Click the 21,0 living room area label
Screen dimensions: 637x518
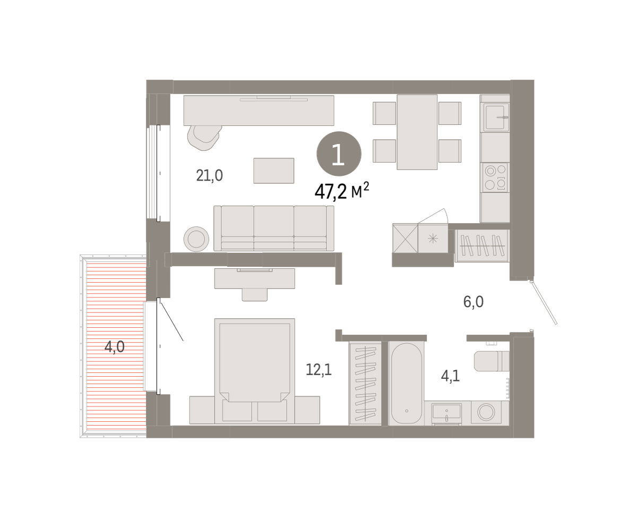209,175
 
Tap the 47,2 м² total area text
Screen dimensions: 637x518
341,191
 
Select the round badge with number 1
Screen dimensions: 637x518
339,154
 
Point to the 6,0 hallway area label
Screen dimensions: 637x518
473,302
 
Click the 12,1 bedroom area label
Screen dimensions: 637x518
318,370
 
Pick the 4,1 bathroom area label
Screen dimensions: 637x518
450,376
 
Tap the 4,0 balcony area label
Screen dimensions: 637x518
114,347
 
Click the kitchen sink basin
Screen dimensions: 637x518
496,117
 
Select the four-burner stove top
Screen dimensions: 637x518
495,177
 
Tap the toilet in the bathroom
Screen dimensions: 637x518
492,361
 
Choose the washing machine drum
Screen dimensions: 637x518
486,412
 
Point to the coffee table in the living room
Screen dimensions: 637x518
273,171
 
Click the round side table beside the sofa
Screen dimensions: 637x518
196,239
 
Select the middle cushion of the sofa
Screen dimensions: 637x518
273,228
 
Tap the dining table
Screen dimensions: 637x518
417,132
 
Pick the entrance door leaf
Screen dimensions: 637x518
544,302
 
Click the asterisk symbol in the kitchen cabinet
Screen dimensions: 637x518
433,239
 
